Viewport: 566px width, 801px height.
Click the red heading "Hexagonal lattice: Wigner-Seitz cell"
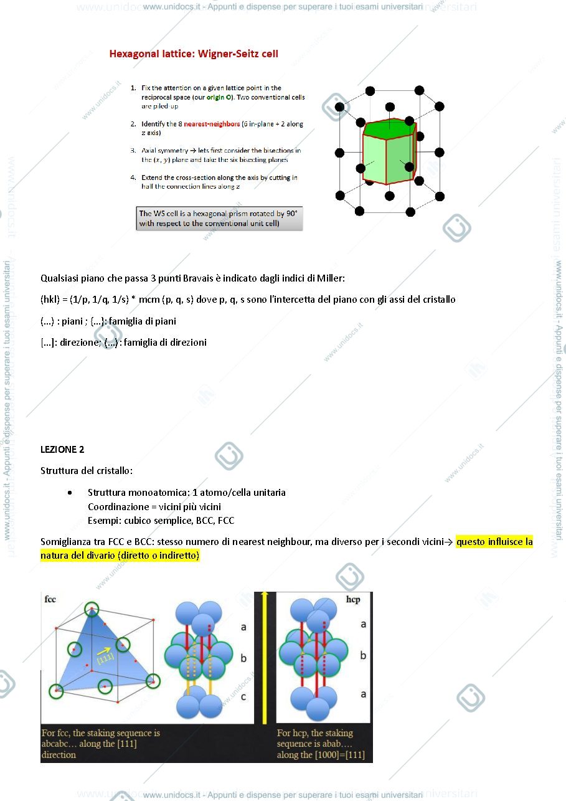194,54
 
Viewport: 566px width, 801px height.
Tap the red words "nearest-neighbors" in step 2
212,124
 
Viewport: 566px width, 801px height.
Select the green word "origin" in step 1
215,97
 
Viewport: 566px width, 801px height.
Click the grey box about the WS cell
219,219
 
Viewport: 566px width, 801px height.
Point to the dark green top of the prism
390,128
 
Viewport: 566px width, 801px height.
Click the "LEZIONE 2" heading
62,450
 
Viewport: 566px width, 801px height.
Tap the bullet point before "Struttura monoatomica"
70,493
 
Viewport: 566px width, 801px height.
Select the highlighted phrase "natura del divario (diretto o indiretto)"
120,556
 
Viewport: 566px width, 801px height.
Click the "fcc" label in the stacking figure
50,599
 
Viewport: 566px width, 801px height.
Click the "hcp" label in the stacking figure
353,599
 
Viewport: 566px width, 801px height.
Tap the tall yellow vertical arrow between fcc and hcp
265,658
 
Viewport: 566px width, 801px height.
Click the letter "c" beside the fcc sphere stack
243,696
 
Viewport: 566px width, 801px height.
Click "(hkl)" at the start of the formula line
50,300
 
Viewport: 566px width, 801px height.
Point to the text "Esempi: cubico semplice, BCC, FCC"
161,521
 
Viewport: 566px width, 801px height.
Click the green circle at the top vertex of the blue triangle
92,609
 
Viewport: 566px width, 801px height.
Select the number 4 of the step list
133,178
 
